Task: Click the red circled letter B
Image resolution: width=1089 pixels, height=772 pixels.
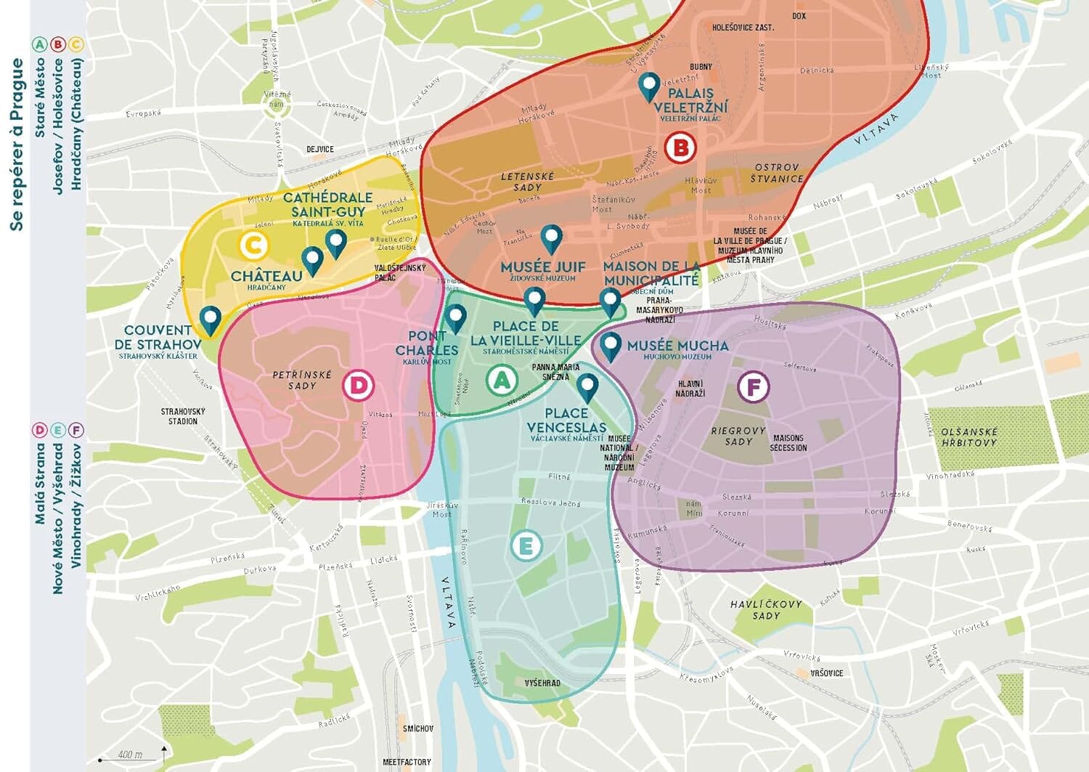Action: click(x=680, y=148)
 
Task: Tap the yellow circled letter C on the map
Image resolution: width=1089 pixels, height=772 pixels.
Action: click(x=253, y=245)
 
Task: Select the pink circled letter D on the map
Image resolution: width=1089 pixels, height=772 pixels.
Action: click(x=358, y=385)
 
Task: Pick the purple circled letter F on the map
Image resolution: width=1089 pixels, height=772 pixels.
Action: click(x=753, y=387)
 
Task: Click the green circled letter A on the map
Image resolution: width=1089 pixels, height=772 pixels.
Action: click(x=502, y=380)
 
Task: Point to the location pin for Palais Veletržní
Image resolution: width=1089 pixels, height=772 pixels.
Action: click(x=649, y=86)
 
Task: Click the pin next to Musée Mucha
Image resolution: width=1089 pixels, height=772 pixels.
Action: click(x=611, y=346)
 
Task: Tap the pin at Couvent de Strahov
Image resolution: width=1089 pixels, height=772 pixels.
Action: click(x=211, y=319)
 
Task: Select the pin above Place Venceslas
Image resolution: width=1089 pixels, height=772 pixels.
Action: click(x=587, y=387)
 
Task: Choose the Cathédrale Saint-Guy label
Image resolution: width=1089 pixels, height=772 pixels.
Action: click(x=327, y=204)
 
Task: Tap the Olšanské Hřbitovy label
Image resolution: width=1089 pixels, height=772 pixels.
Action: click(x=968, y=437)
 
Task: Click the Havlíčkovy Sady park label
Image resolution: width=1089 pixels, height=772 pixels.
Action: click(x=766, y=609)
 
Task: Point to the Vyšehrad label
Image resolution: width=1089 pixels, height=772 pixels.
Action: click(x=542, y=683)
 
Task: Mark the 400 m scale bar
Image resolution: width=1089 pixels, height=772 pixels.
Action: click(x=131, y=757)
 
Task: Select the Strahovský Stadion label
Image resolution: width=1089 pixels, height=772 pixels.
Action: click(x=183, y=416)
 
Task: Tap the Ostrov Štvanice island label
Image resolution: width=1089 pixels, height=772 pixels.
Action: click(x=777, y=173)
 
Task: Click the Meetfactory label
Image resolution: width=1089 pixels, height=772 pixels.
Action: click(x=407, y=762)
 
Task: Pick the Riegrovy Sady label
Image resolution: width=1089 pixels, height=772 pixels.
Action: click(x=738, y=436)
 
